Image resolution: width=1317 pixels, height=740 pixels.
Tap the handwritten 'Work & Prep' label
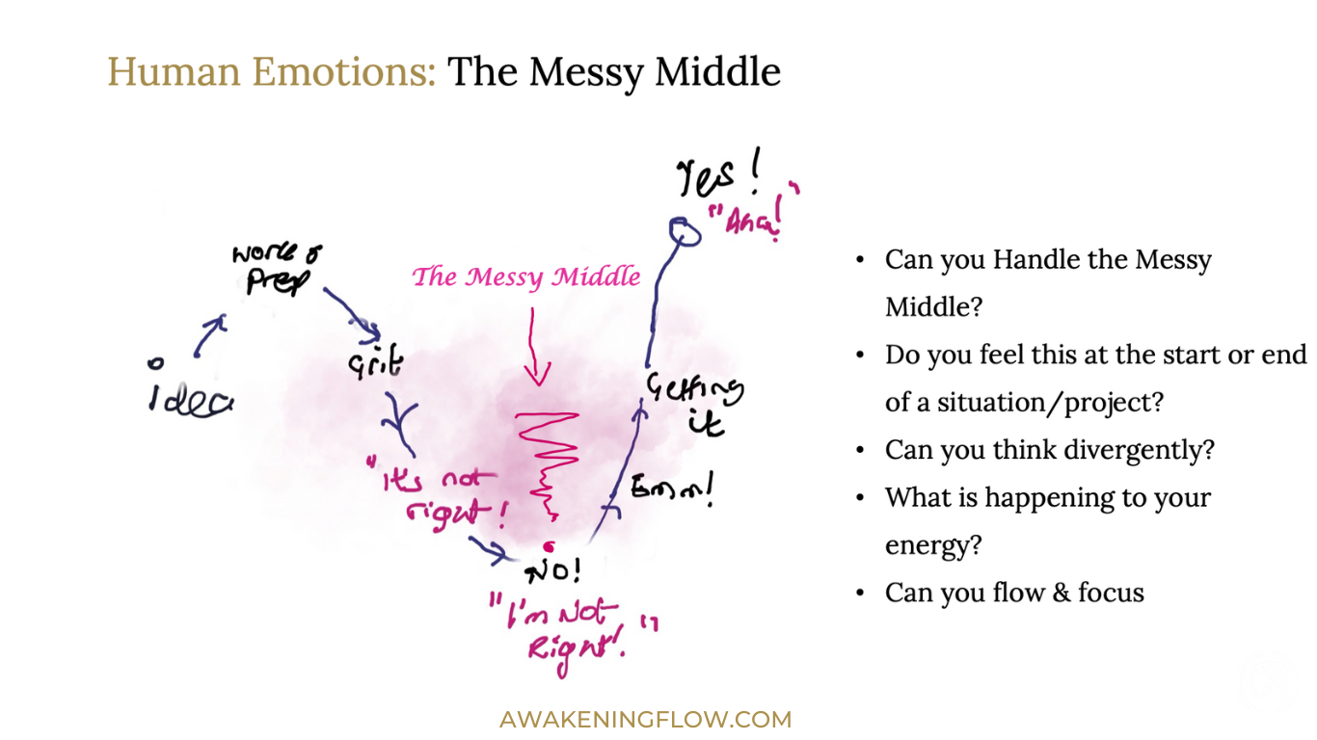point(277,269)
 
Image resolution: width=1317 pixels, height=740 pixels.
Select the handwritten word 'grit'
point(376,363)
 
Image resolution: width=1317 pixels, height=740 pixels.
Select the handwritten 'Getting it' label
point(694,403)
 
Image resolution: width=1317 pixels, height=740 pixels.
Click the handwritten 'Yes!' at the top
point(718,177)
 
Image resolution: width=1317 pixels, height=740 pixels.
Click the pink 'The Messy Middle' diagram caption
point(526,277)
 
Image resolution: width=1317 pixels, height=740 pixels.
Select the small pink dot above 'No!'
point(548,547)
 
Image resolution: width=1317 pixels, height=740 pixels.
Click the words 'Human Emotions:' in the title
point(272,71)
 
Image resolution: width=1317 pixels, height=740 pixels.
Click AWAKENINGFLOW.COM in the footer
point(645,719)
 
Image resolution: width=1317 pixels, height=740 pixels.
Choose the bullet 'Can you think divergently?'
point(1049,450)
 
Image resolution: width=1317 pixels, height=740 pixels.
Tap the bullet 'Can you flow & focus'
point(1014,592)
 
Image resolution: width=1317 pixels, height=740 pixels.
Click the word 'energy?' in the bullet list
point(933,544)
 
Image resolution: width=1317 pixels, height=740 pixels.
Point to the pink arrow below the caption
point(535,347)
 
